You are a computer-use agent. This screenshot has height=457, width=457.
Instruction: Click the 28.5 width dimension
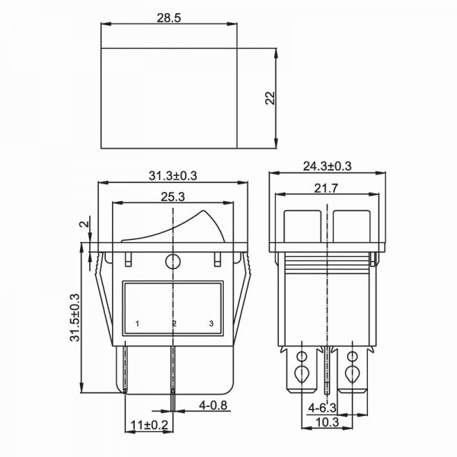pyautogui.click(x=169, y=18)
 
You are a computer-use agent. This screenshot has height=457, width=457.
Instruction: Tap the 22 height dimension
pyautogui.click(x=270, y=98)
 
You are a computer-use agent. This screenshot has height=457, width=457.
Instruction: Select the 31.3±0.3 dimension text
pyautogui.click(x=173, y=176)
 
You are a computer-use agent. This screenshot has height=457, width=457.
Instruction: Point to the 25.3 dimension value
pyautogui.click(x=173, y=197)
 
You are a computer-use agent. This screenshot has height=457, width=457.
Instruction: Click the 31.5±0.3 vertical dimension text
pyautogui.click(x=75, y=318)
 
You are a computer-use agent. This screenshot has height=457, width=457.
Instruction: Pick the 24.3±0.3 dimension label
pyautogui.click(x=328, y=166)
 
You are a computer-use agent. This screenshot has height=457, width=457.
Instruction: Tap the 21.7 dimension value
pyautogui.click(x=326, y=188)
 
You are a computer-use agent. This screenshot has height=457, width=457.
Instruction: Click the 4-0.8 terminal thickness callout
pyautogui.click(x=213, y=405)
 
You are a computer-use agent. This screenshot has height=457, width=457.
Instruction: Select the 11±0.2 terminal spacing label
pyautogui.click(x=149, y=425)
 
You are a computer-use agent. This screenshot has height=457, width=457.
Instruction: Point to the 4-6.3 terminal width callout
pyautogui.click(x=322, y=407)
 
